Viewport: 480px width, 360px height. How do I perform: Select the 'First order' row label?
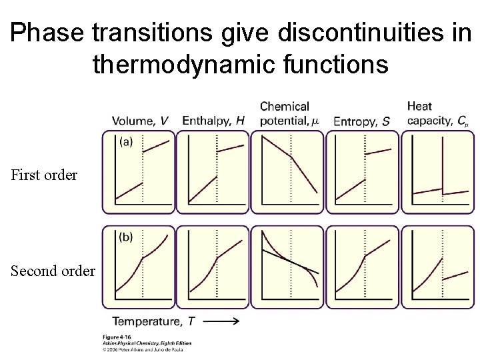pos(44,175)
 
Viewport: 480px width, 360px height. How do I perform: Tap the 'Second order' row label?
pos(51,271)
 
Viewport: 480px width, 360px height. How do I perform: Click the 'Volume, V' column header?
pos(140,121)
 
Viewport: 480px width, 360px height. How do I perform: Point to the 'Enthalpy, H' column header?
pos(213,121)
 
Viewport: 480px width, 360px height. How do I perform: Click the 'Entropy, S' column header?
pos(361,121)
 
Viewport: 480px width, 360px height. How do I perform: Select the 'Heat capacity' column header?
pos(437,113)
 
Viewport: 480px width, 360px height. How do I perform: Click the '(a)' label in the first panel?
pos(125,141)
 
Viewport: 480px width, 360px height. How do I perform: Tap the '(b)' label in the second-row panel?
pos(125,237)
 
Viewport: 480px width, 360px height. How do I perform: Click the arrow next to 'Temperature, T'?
pos(219,321)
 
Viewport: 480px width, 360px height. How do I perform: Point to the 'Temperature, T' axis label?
pos(153,321)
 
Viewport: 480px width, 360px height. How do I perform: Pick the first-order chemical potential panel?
pos(287,171)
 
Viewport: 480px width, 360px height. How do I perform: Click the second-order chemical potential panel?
pos(287,267)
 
